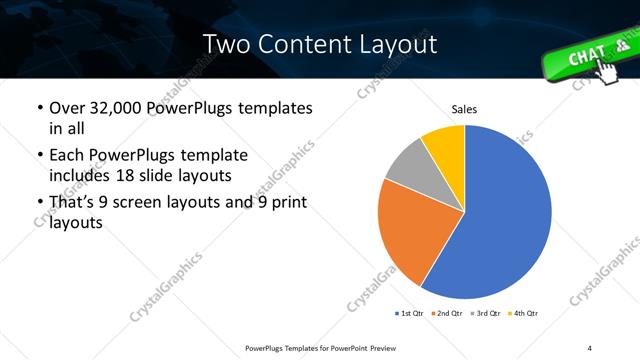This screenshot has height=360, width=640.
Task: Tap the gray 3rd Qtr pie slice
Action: click(x=408, y=168)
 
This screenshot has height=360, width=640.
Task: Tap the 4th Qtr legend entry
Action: click(x=524, y=314)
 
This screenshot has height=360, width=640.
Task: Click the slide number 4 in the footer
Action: click(x=590, y=347)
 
